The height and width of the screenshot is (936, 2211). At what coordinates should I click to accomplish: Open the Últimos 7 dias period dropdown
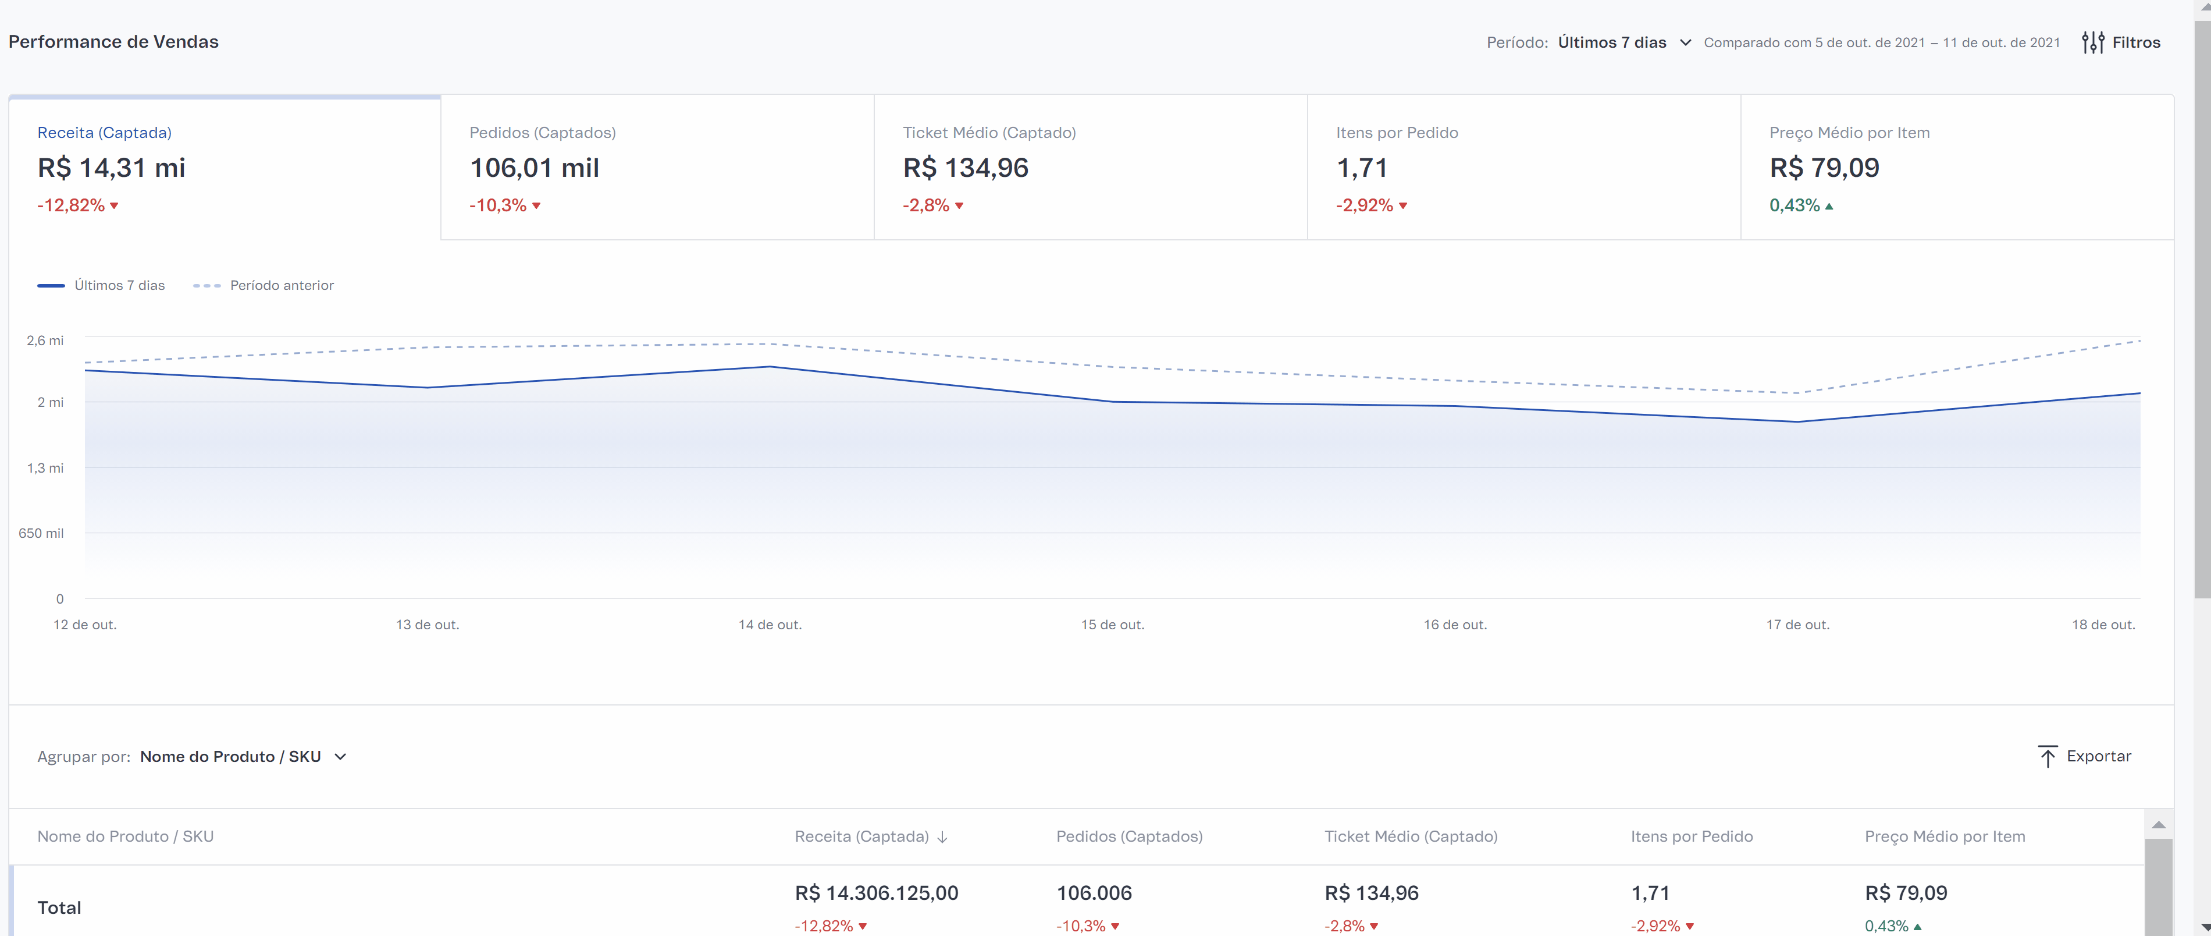tap(1624, 42)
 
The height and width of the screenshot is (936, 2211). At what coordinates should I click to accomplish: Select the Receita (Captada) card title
tap(104, 132)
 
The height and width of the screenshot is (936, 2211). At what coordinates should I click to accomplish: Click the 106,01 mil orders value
tap(534, 168)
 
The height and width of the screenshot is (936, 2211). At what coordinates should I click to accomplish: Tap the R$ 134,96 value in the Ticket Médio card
tap(965, 168)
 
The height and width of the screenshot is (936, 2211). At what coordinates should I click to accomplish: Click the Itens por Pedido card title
tap(1397, 132)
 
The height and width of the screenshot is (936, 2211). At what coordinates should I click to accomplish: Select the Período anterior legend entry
tap(264, 285)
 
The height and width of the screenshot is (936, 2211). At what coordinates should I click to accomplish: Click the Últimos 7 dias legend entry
tap(101, 285)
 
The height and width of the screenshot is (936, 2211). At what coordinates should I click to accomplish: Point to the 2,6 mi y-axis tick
tap(45, 341)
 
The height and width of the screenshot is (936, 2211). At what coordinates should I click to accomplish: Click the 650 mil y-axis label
tap(41, 533)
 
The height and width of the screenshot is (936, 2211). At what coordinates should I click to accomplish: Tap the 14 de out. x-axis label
tap(770, 624)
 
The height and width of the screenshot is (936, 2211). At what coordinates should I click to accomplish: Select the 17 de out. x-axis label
tap(1797, 624)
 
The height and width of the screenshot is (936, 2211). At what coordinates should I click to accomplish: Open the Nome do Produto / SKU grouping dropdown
tap(243, 757)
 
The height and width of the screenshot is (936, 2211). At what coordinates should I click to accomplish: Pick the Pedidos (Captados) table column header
tap(1128, 836)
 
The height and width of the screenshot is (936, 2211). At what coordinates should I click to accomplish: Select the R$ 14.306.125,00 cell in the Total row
tap(877, 893)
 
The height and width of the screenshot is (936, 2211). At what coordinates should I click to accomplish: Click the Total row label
tap(59, 907)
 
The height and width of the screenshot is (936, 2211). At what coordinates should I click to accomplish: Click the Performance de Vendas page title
tap(113, 41)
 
